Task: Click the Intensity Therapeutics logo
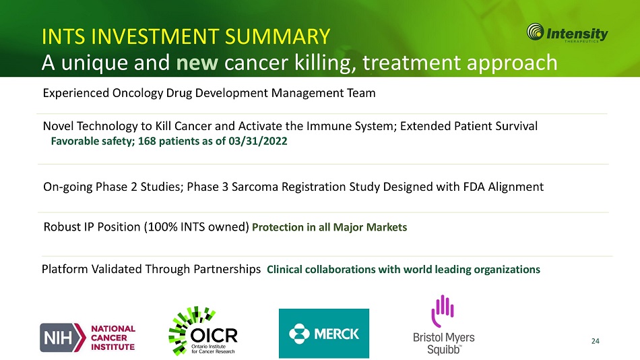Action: (x=567, y=32)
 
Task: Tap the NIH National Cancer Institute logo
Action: (x=88, y=338)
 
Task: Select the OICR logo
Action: (x=203, y=331)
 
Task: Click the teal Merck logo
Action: (x=323, y=334)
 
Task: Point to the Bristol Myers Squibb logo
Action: (x=444, y=325)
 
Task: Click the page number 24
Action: (x=596, y=341)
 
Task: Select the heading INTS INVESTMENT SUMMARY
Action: (x=186, y=36)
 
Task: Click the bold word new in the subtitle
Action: (x=197, y=63)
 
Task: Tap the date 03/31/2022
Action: (x=258, y=141)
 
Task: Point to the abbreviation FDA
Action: (x=474, y=187)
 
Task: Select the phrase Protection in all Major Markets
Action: (x=329, y=227)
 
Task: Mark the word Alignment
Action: (x=516, y=187)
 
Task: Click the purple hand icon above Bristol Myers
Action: (x=443, y=311)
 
